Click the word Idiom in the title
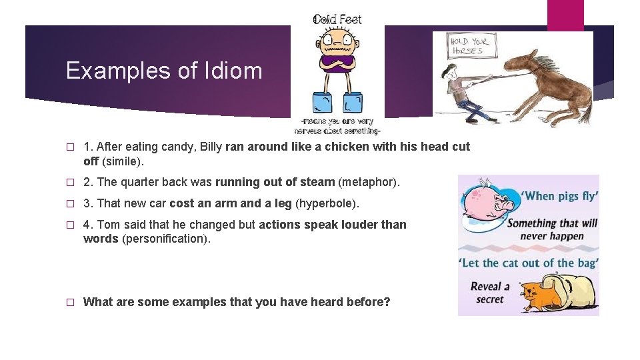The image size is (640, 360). pyautogui.click(x=235, y=71)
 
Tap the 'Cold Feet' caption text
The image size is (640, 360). pyautogui.click(x=337, y=19)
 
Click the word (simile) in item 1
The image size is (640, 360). pyautogui.click(x=123, y=161)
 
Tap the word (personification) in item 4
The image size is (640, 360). pyautogui.click(x=166, y=239)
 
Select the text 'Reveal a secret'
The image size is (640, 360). pyautogui.click(x=490, y=293)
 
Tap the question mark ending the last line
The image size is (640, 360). pyautogui.click(x=387, y=302)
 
